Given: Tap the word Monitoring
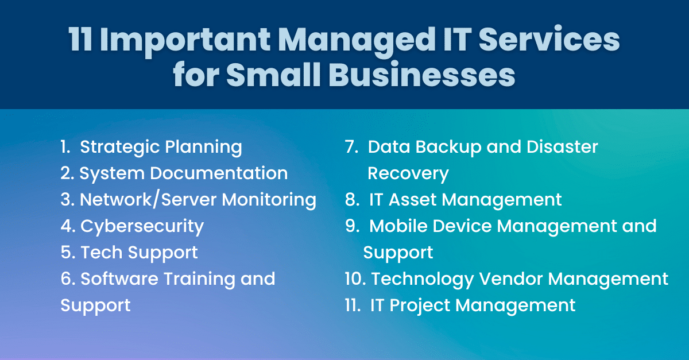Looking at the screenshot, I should pyautogui.click(x=269, y=199).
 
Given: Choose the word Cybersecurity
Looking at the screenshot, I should pyautogui.click(x=142, y=226).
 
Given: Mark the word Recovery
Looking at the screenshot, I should pyautogui.click(x=408, y=173).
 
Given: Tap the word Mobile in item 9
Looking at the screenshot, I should pyautogui.click(x=398, y=226).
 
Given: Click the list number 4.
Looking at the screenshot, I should pyautogui.click(x=67, y=226).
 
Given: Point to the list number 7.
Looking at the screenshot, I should pyautogui.click(x=352, y=147).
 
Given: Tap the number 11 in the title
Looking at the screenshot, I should pyautogui.click(x=81, y=41).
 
